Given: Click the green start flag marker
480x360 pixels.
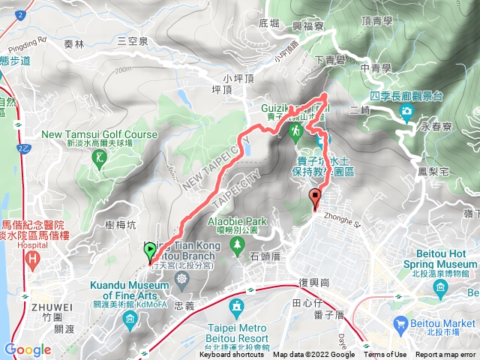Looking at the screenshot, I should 149,250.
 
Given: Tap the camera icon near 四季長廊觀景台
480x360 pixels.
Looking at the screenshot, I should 407,112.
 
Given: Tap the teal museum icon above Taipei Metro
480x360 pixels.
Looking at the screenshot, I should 237,307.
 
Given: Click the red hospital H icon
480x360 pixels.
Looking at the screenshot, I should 32,260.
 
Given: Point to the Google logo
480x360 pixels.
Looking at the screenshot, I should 28,349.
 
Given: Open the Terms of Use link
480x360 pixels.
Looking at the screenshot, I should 385,355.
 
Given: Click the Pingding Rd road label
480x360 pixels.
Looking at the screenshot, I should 31,37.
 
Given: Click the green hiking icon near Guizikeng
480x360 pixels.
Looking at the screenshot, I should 296,132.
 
